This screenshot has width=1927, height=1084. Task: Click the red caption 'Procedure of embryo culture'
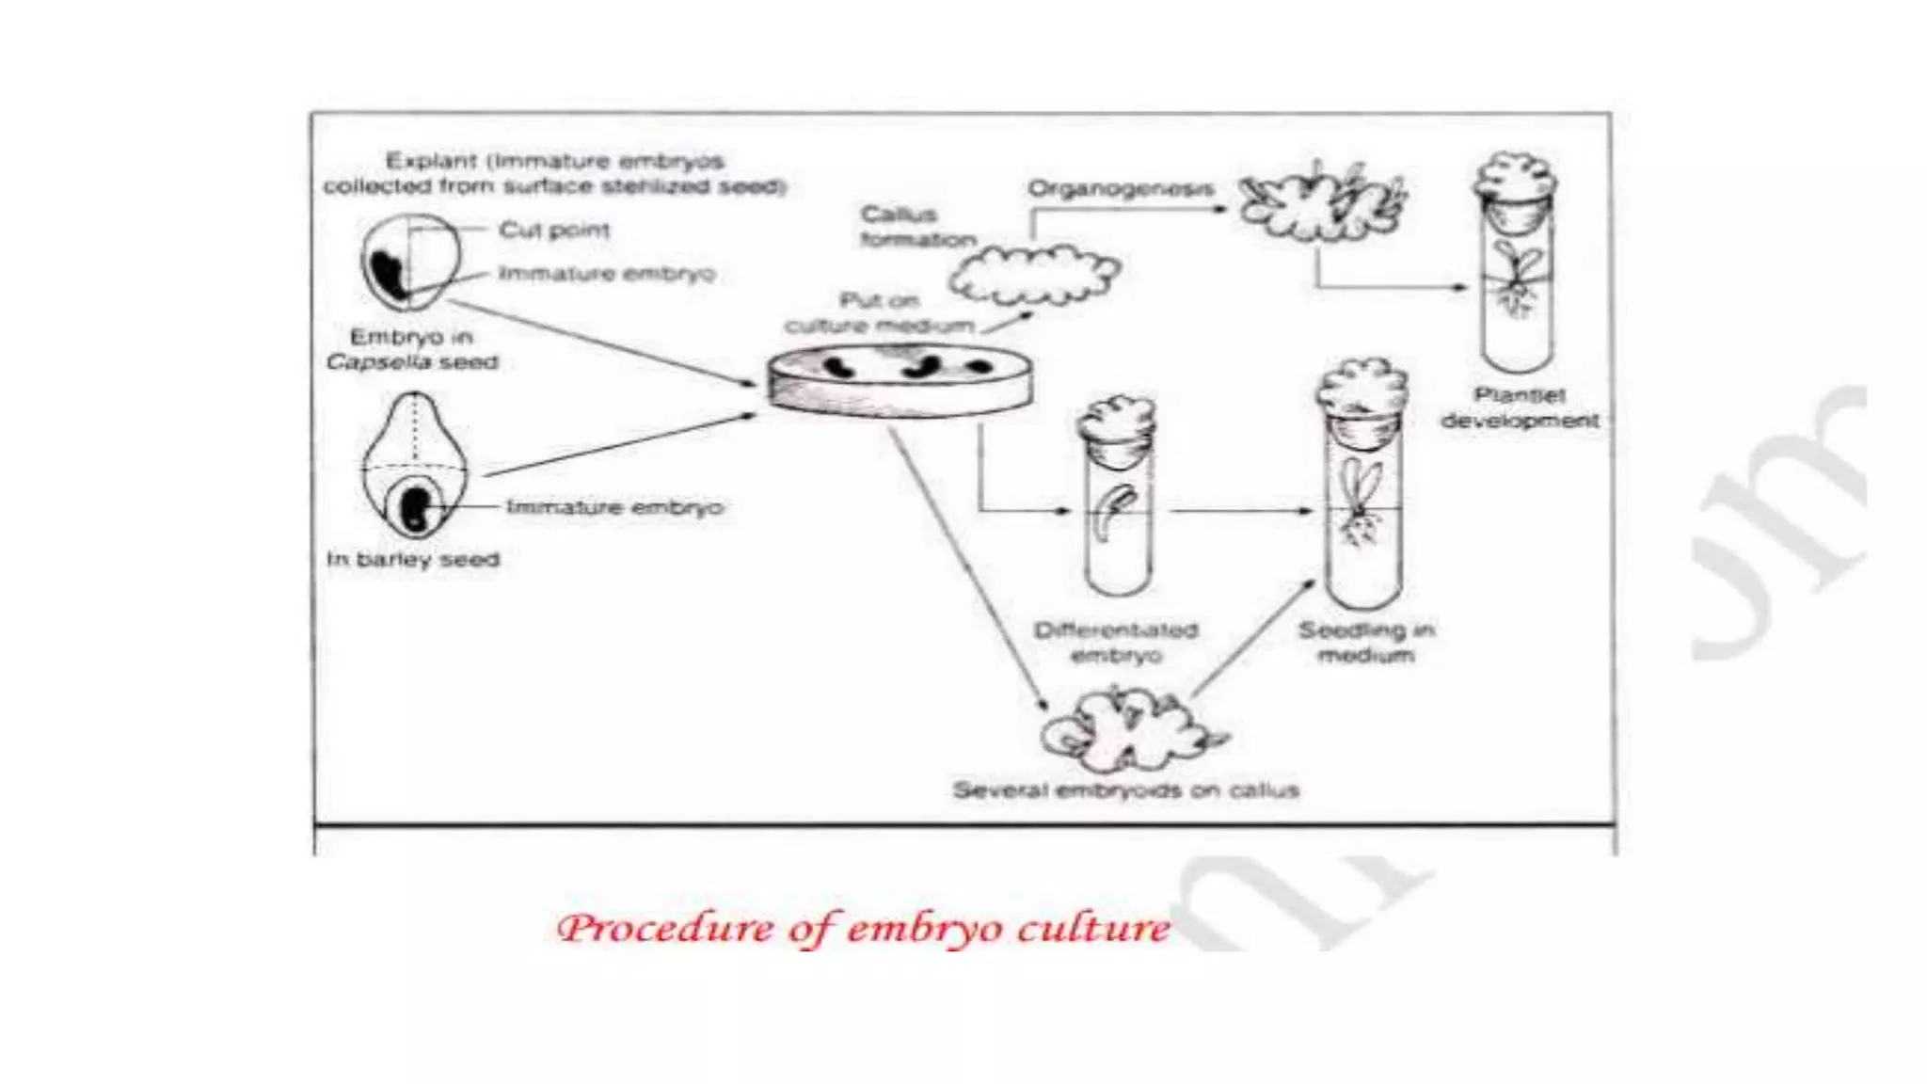[864, 929]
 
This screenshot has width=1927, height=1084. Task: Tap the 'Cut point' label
[554, 230]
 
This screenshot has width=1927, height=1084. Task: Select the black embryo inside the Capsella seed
[390, 274]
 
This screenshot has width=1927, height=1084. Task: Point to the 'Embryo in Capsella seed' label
[412, 349]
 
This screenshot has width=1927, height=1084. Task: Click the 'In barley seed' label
[413, 560]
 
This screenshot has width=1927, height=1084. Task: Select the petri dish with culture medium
[900, 381]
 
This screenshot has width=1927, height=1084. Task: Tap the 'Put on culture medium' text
[879, 313]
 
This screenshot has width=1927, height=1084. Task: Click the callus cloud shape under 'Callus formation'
[1033, 275]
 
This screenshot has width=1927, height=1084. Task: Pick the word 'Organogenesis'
[1120, 188]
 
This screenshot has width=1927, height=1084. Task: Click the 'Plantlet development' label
[1520, 407]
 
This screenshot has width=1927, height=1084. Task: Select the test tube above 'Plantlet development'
[1515, 282]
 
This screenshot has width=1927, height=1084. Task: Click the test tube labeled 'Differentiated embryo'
[1117, 508]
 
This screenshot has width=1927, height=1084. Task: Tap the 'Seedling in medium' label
[1366, 642]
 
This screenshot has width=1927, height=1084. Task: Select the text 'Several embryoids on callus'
[1125, 790]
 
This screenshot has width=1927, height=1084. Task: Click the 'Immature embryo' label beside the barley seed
[615, 507]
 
